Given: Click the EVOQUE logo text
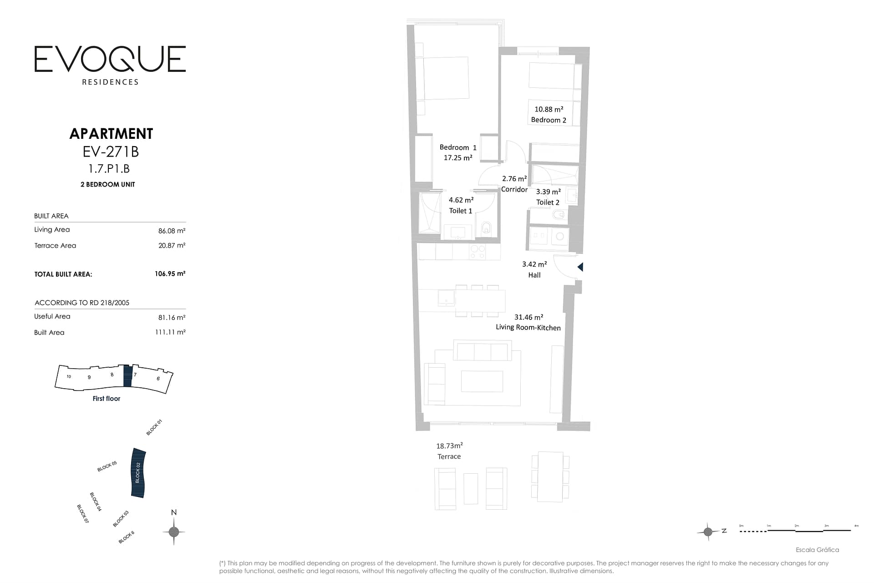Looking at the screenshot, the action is click(110, 59).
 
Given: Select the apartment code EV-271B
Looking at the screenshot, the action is click(111, 151).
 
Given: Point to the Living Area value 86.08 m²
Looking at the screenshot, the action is click(172, 231).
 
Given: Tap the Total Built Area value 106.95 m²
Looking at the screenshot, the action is click(170, 274).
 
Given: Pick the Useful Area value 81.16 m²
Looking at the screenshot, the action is click(172, 317).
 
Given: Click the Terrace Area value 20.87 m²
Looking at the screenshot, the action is click(172, 245).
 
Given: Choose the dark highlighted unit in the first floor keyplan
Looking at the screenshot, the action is click(128, 376).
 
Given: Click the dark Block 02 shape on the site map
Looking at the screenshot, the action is click(138, 473).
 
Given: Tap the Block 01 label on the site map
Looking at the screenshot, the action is click(154, 427).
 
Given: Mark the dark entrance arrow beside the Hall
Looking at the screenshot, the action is click(580, 267).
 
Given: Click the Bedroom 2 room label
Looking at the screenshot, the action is click(549, 120).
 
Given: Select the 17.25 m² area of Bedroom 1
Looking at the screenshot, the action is click(458, 157).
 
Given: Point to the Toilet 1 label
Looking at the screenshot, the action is click(461, 211).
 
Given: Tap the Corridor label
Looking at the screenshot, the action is click(514, 189).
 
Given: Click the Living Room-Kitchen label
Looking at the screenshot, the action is click(528, 327).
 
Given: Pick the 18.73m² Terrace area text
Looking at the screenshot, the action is click(449, 446).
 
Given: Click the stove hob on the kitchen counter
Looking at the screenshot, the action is click(478, 252).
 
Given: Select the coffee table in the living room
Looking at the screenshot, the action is click(482, 381).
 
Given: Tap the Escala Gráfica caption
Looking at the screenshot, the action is click(817, 550).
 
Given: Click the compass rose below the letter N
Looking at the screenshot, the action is click(173, 532).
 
